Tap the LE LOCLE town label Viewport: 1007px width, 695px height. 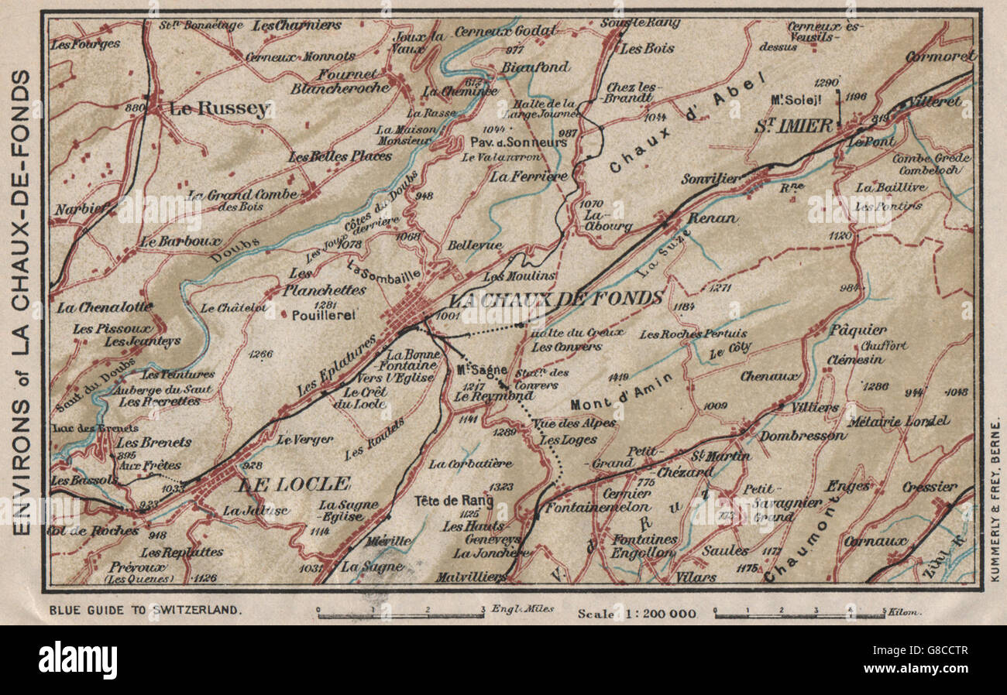coord(294,484)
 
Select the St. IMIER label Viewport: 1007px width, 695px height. coord(793,125)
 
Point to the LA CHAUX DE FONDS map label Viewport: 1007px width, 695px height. coord(556,298)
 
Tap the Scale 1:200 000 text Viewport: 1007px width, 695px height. coord(637,614)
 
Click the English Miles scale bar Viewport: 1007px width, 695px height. coord(401,615)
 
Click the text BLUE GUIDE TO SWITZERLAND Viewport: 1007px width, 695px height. coord(145,610)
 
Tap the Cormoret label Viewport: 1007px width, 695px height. coord(940,56)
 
